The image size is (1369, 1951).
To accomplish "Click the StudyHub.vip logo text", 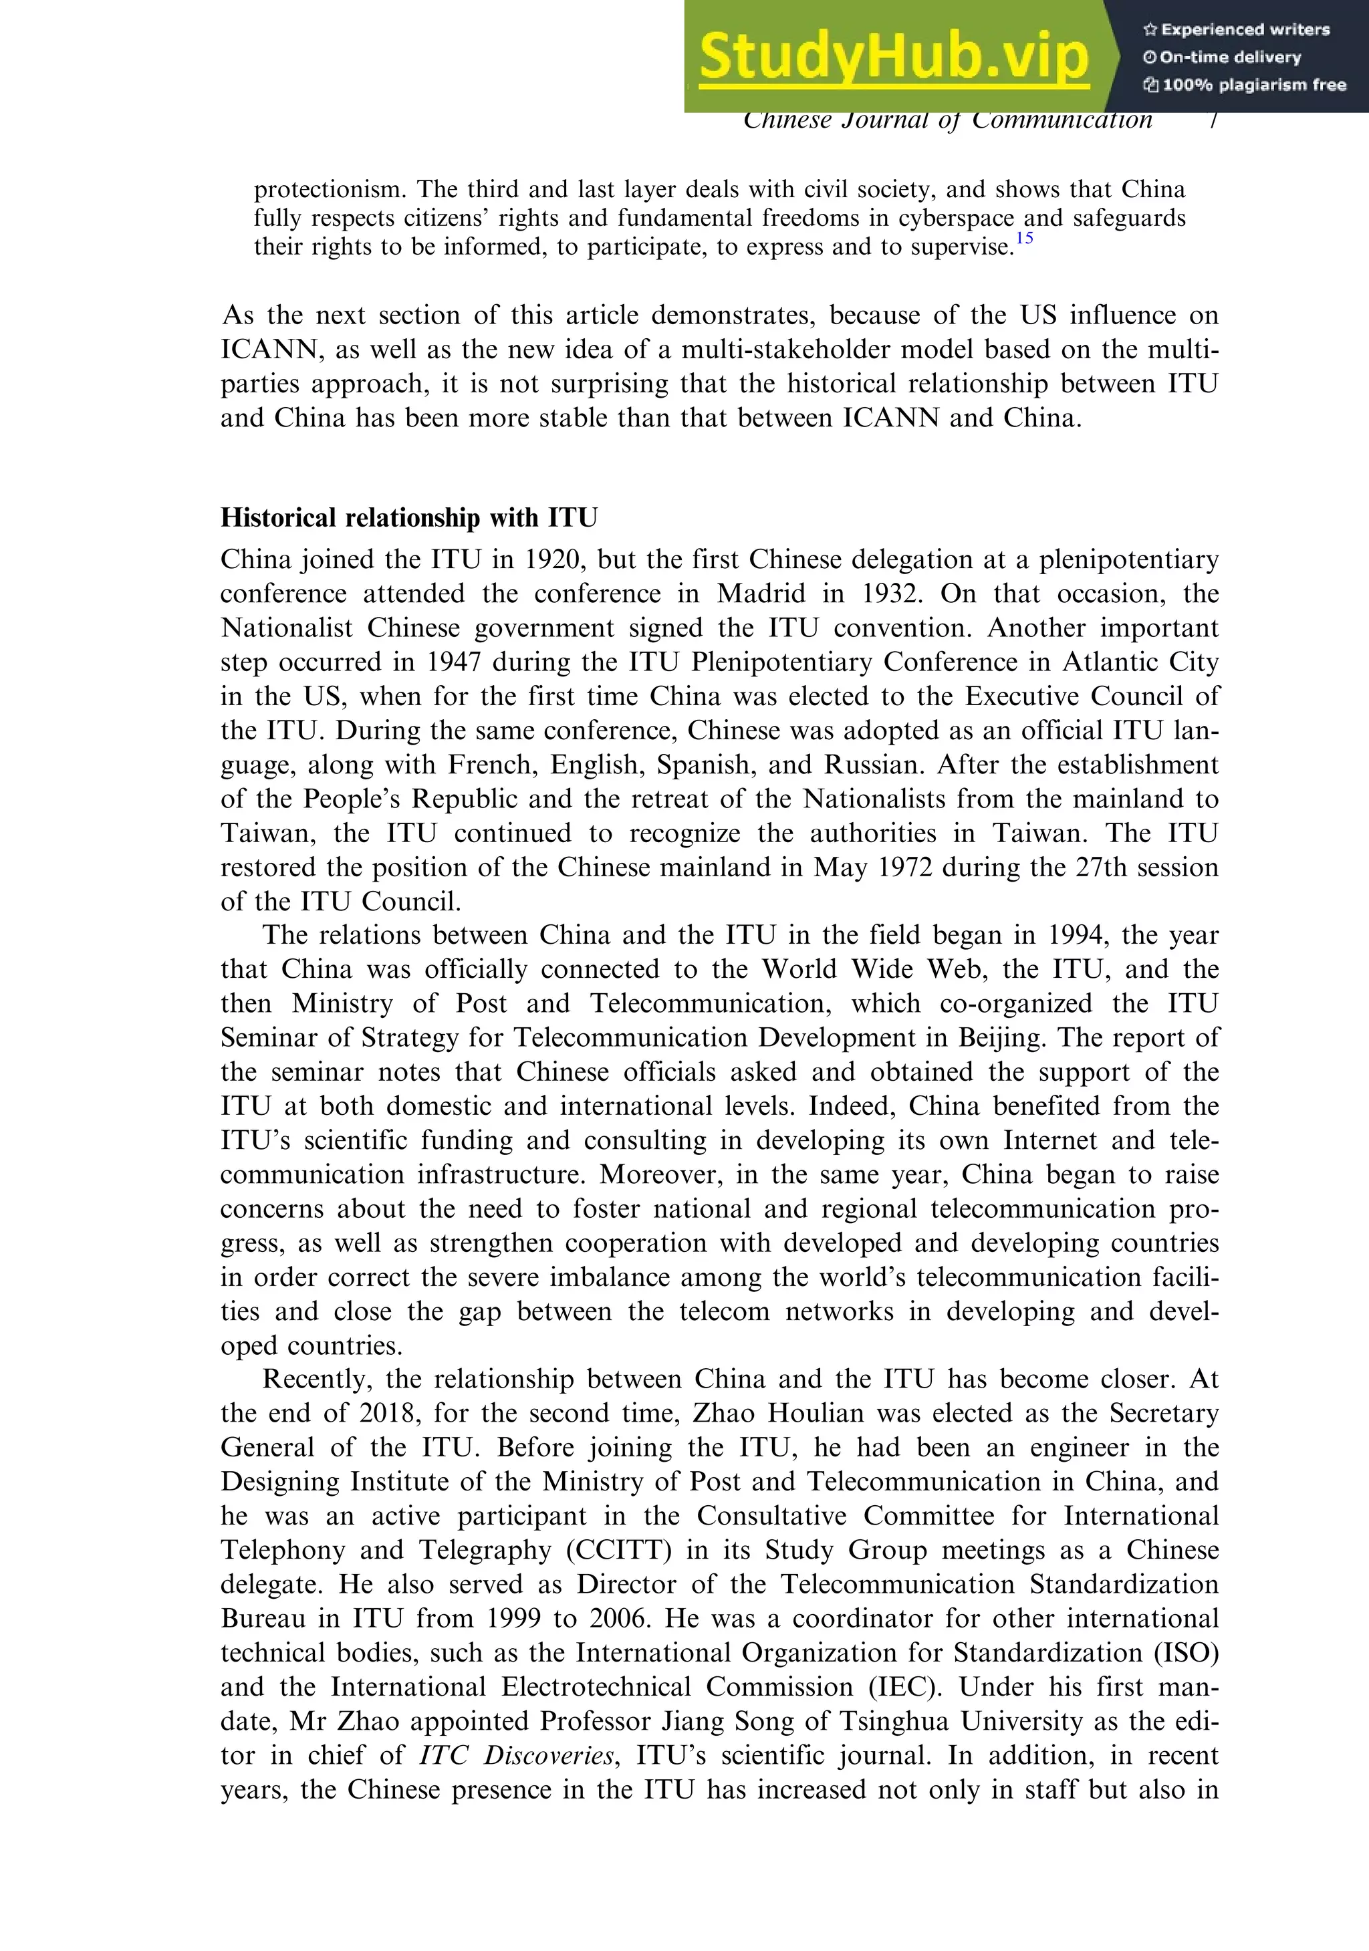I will [x=893, y=56].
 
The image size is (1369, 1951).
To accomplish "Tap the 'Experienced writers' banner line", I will [x=1237, y=29].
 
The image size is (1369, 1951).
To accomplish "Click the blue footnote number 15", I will [x=1024, y=239].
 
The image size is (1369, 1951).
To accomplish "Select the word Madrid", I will [x=761, y=594].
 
